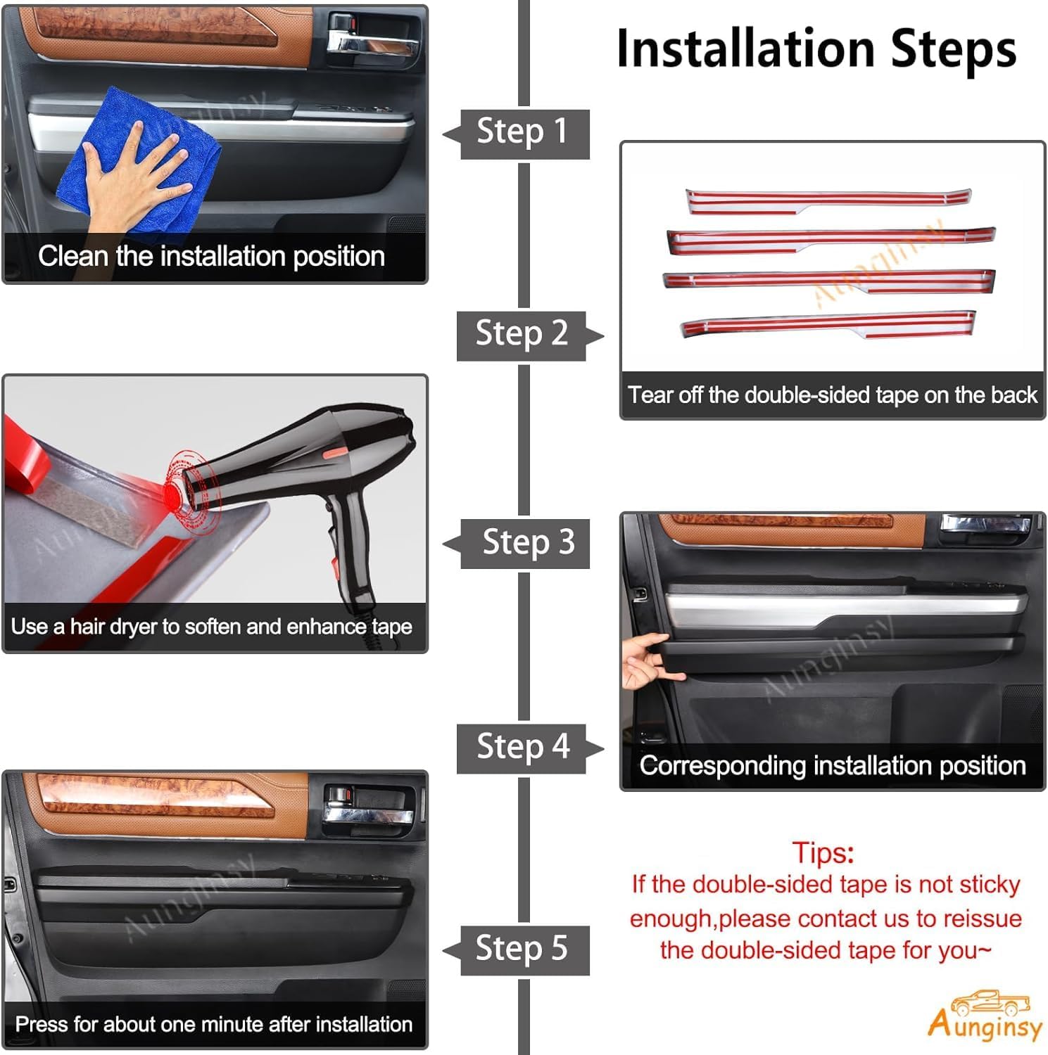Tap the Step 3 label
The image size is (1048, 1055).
pyautogui.click(x=527, y=543)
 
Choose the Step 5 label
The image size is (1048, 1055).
pyautogui.click(x=522, y=949)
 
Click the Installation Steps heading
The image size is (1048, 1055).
pyautogui.click(x=816, y=49)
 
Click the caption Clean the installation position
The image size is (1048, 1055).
pyautogui.click(x=212, y=257)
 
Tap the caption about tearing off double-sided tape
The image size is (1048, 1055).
pyautogui.click(x=832, y=395)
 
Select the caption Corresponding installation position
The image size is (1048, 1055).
pyautogui.click(x=832, y=765)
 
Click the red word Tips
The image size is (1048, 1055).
pyautogui.click(x=822, y=852)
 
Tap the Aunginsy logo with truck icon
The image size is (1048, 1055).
pyautogui.click(x=985, y=1016)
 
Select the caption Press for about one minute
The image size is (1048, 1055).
pyautogui.click(x=214, y=1024)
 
